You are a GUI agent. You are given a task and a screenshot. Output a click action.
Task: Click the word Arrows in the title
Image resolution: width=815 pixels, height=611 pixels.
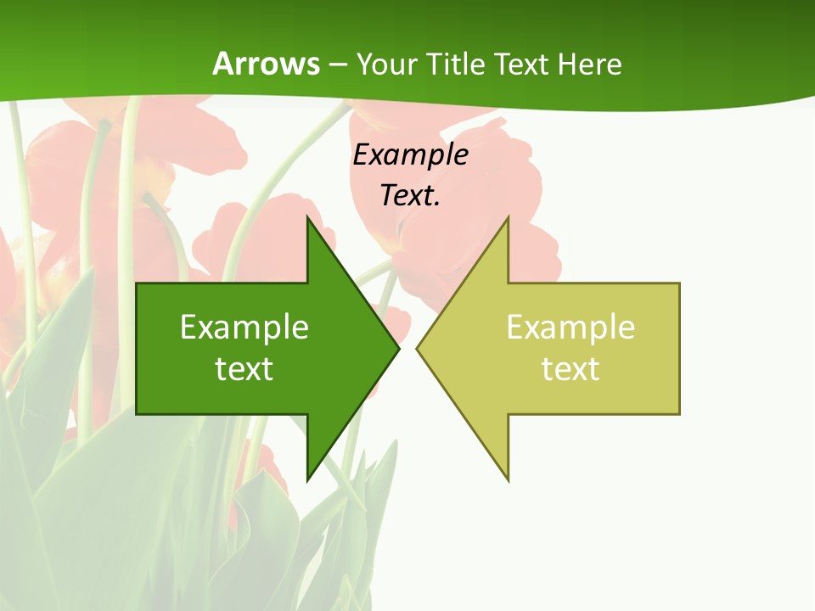pos(266,64)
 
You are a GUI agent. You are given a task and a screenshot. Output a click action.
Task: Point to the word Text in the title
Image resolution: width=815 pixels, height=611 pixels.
pos(522,64)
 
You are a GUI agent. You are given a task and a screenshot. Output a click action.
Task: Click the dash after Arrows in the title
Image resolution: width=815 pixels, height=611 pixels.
pos(337,64)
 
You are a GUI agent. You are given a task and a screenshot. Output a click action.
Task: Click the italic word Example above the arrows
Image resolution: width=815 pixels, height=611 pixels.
pos(410,154)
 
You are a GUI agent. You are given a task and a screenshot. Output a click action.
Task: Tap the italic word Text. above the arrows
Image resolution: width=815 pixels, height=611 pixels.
pos(410,195)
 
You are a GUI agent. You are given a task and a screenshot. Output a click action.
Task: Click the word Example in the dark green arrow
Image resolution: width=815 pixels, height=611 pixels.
pos(244,327)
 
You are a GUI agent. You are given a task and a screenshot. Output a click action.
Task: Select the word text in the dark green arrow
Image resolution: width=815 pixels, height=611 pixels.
pos(244,368)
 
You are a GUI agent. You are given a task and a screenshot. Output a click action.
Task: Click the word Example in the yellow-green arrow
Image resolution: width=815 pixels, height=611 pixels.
pos(570,327)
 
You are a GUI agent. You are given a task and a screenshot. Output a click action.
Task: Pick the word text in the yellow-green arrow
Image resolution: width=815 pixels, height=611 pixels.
pos(570,368)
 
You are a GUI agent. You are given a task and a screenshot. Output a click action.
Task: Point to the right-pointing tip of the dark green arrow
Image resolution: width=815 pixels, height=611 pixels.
pos(398,348)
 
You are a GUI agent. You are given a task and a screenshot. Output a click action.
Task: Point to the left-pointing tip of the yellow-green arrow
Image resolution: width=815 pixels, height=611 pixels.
pos(418,348)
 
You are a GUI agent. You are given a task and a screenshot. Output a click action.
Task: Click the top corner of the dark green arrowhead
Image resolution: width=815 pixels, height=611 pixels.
pos(307,219)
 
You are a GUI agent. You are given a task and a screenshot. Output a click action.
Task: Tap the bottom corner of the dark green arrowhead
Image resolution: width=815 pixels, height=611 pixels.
pos(307,479)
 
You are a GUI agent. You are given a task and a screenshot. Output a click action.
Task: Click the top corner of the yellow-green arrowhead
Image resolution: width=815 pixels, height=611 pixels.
pos(508,219)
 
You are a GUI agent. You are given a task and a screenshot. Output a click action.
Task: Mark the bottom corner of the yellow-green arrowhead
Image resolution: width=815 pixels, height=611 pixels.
pos(508,479)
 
